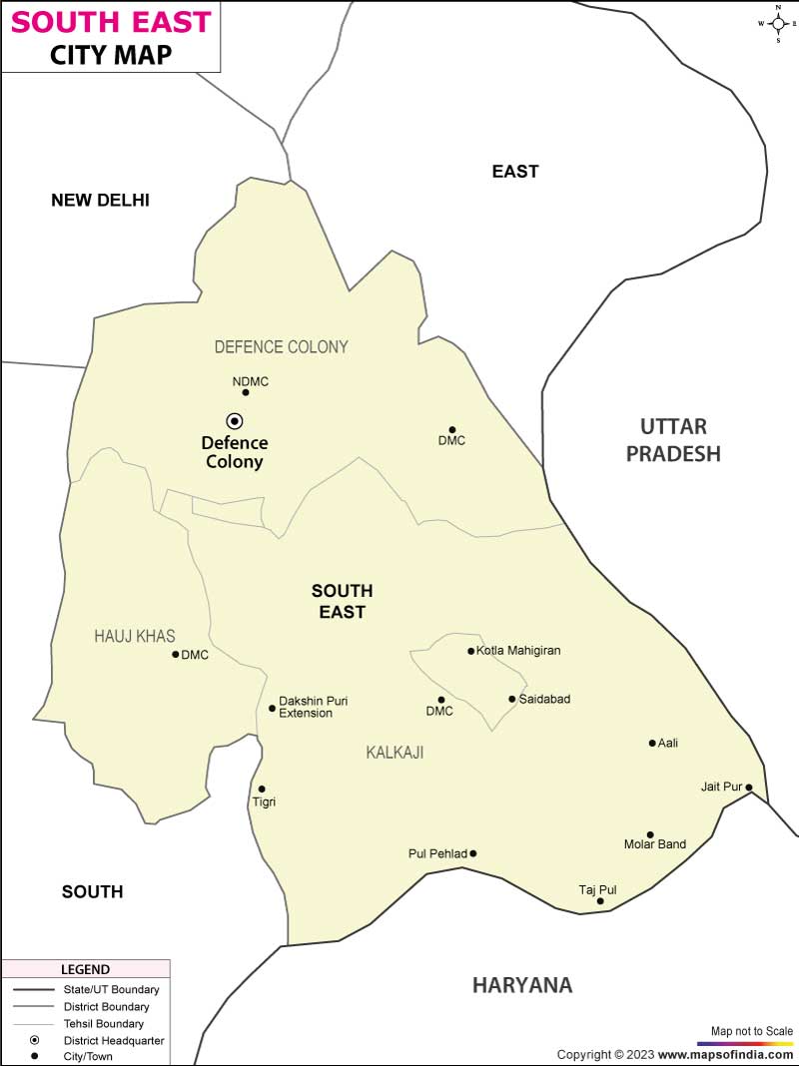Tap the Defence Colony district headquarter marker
pos(235,420)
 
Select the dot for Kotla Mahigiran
pos(471,651)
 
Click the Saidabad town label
pos(544,699)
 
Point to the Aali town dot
pos(652,743)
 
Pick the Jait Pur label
pos(721,787)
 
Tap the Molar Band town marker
pos(650,834)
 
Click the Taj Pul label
pos(598,888)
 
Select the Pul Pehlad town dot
pos(473,853)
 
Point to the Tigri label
pos(264,801)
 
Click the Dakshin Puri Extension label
pos(306,707)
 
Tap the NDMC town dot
pos(246,392)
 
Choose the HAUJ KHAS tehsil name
pos(135,636)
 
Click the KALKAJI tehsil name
pos(395,753)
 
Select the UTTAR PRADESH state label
pos(672,440)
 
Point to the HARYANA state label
pos(522,985)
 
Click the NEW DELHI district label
pos(100,200)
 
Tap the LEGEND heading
pos(86,969)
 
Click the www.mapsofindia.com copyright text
pos(726,1054)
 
